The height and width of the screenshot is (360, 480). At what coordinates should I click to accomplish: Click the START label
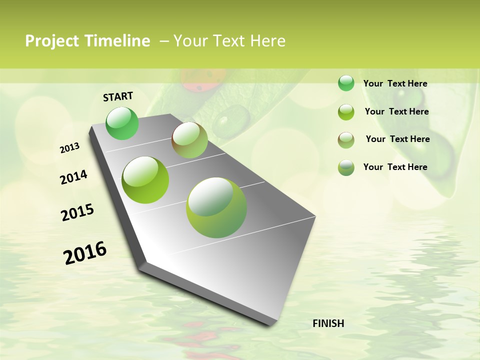(x=118, y=96)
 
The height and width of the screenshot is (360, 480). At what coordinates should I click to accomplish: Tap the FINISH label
(x=328, y=323)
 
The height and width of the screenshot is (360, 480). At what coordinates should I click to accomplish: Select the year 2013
(x=70, y=148)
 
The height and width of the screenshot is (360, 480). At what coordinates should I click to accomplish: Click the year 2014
(x=73, y=177)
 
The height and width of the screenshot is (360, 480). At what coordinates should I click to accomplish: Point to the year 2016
(x=85, y=252)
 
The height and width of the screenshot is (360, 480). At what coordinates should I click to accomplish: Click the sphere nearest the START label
(x=122, y=123)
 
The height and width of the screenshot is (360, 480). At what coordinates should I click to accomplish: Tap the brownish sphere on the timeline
(x=189, y=140)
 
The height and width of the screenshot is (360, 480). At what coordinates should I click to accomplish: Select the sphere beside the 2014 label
(x=145, y=180)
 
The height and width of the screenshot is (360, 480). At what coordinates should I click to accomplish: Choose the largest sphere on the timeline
(x=216, y=207)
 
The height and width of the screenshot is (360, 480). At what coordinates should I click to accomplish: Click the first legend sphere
(x=346, y=83)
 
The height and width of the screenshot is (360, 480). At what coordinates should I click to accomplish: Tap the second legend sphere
(x=346, y=112)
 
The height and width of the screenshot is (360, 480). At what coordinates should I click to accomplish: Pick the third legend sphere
(x=346, y=140)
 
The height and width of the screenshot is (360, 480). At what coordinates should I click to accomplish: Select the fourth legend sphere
(x=346, y=167)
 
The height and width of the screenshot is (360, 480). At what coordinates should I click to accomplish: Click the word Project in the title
(x=52, y=41)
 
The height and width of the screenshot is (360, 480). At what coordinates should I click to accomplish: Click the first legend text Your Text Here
(x=395, y=83)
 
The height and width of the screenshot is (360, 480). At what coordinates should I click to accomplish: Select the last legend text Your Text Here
(x=395, y=167)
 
